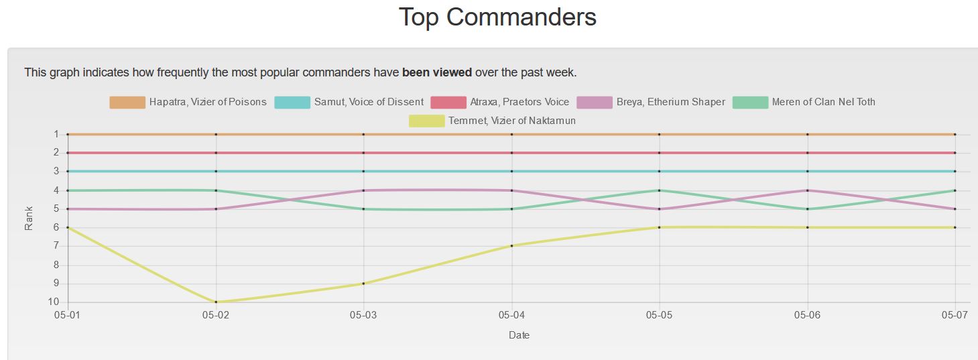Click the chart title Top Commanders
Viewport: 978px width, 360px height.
tap(497, 17)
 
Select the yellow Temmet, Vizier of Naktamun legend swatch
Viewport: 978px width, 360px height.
tap(426, 121)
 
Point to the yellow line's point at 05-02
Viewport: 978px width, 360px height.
tap(216, 302)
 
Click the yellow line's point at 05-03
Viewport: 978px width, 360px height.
tap(363, 284)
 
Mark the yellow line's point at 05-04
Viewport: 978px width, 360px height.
tap(512, 245)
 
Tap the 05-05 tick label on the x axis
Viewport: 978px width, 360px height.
tap(660, 314)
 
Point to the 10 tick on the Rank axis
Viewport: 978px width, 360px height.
tap(54, 302)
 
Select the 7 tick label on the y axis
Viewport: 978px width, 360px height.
tap(56, 246)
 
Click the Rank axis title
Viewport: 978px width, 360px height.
tap(29, 218)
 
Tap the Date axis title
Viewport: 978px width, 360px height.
tap(519, 335)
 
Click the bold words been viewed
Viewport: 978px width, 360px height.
tap(436, 72)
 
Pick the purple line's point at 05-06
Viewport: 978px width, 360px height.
tap(807, 190)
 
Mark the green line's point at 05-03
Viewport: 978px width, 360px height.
tap(363, 208)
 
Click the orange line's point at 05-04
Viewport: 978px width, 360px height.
tap(512, 134)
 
